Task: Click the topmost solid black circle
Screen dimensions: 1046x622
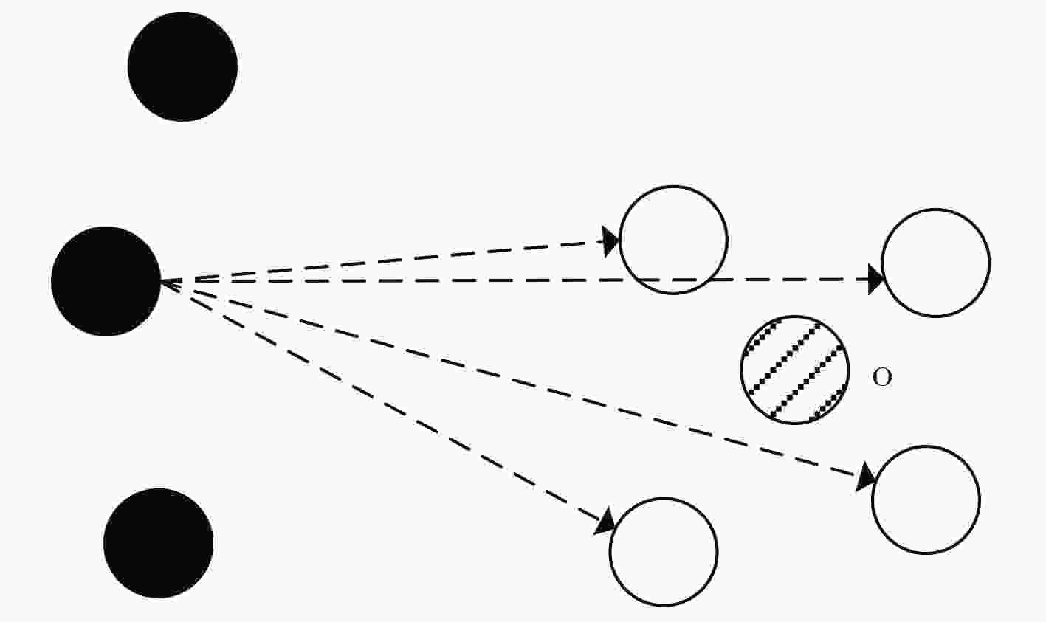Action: point(182,66)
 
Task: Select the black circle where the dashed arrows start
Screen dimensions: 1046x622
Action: point(106,281)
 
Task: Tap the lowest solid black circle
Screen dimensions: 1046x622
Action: point(158,543)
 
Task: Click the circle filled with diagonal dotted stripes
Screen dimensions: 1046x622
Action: point(795,370)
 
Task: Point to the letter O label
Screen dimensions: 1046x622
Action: point(882,377)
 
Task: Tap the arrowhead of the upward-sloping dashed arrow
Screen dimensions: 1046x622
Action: point(610,241)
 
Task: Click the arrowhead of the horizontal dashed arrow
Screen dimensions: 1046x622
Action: point(875,280)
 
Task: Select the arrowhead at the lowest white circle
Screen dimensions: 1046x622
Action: point(605,522)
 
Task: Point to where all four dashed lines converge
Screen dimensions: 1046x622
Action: point(162,281)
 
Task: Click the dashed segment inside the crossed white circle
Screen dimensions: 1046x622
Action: point(673,280)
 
